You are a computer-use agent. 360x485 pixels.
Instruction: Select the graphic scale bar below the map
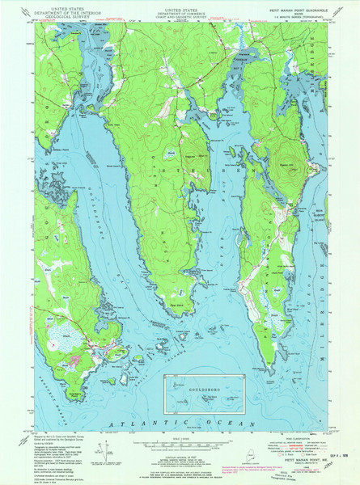click(180, 444)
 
